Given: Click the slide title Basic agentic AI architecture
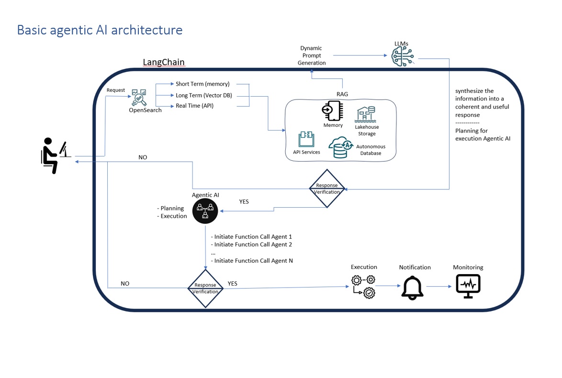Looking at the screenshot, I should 100,30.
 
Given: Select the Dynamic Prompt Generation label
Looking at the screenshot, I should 312,56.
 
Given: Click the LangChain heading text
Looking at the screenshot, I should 164,63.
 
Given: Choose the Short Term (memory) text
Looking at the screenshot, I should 202,84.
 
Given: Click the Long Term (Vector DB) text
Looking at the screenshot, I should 203,96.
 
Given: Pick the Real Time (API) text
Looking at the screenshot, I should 194,106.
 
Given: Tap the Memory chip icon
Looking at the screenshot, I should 332,111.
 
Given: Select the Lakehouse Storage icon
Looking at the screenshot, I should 366,114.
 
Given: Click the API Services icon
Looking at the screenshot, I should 306,139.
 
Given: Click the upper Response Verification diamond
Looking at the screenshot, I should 327,189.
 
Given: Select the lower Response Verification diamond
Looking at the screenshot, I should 205,288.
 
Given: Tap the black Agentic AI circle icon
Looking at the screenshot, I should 205,211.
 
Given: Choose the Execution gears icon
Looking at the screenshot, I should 363,287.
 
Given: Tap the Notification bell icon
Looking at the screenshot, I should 412,288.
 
